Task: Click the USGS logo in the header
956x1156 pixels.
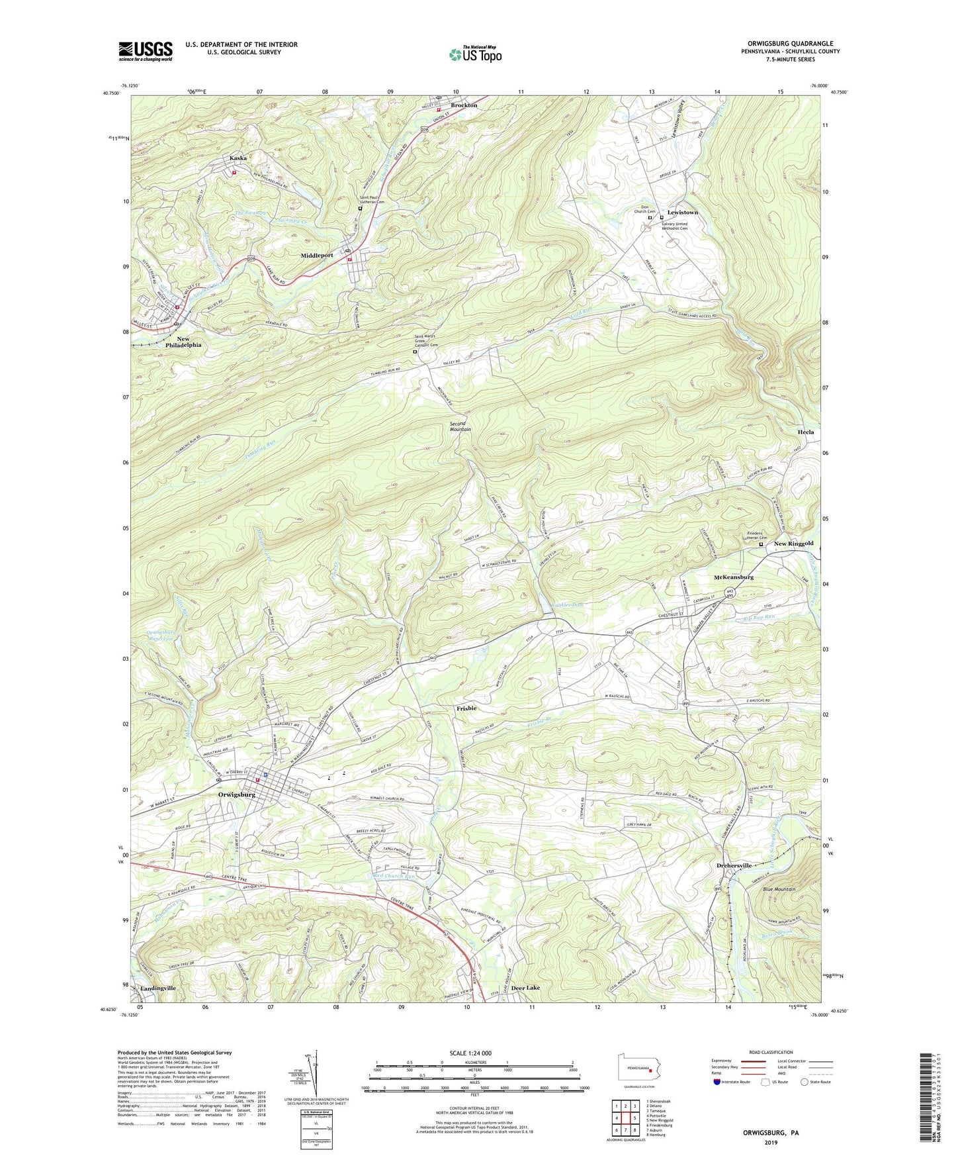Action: [x=146, y=51]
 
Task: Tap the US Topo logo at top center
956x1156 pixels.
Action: [x=474, y=54]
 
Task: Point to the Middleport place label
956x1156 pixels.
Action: [x=320, y=255]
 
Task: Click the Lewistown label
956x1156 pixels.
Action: [x=682, y=213]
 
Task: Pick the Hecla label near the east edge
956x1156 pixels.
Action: [x=805, y=432]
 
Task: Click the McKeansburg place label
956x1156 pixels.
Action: [x=734, y=577]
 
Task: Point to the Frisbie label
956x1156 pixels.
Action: [x=466, y=708]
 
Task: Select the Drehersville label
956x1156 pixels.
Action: [x=734, y=865]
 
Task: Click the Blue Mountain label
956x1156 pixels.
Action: [x=779, y=889]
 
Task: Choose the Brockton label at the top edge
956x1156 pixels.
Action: [x=464, y=105]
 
